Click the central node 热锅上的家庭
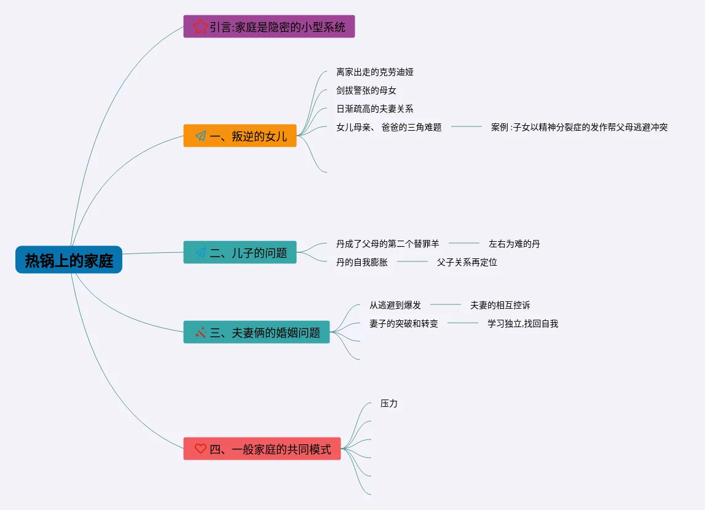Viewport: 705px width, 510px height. coord(69,260)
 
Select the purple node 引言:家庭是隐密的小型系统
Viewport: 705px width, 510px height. coord(269,27)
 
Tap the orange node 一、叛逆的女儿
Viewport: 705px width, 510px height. coord(240,136)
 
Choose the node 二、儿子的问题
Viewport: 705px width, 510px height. coord(240,252)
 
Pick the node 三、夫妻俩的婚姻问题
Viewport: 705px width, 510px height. coord(256,333)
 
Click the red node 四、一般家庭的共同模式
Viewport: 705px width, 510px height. coord(262,449)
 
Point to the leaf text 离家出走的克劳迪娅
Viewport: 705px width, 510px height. coord(375,72)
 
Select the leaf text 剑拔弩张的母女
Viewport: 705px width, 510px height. coord(366,90)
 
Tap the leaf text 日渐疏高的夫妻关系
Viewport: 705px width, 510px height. coord(375,109)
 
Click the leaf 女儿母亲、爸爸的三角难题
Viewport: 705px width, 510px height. coord(389,127)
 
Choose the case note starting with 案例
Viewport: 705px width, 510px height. coord(579,127)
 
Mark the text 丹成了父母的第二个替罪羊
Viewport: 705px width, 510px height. coord(388,244)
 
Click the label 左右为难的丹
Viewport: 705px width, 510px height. coord(514,244)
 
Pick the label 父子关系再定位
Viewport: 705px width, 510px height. coord(467,262)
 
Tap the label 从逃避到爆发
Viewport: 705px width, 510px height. coord(395,305)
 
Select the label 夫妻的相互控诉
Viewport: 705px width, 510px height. coord(500,305)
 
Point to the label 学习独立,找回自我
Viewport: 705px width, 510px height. coord(523,323)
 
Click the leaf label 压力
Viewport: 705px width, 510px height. coord(389,403)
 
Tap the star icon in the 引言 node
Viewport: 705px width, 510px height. coord(200,27)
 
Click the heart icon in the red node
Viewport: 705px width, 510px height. coord(200,449)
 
